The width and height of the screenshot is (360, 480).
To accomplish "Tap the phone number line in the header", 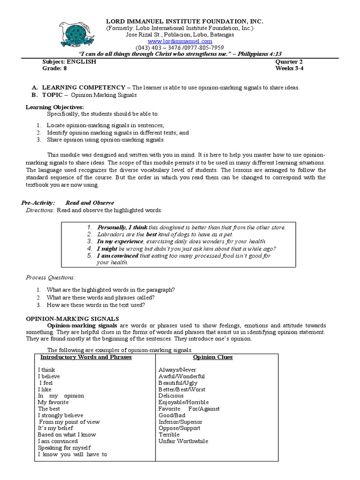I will [x=180, y=48].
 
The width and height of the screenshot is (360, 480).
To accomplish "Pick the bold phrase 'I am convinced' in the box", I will [x=118, y=256].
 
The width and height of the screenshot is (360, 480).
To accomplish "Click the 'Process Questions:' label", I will [x=51, y=277].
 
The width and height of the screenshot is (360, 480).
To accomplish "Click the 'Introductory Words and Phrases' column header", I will [x=85, y=357].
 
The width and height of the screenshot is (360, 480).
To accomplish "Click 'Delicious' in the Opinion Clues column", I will [x=171, y=396].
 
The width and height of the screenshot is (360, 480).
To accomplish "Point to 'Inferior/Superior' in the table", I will [x=180, y=421].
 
